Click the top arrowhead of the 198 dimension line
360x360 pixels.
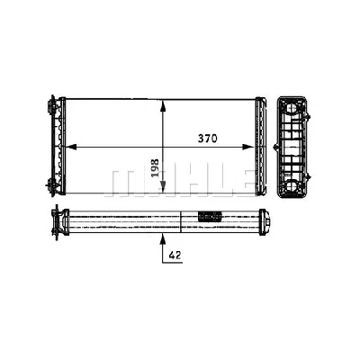tap(162, 101)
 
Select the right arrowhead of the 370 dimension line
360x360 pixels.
tap(255, 145)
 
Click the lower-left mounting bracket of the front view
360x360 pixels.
tap(52, 184)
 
